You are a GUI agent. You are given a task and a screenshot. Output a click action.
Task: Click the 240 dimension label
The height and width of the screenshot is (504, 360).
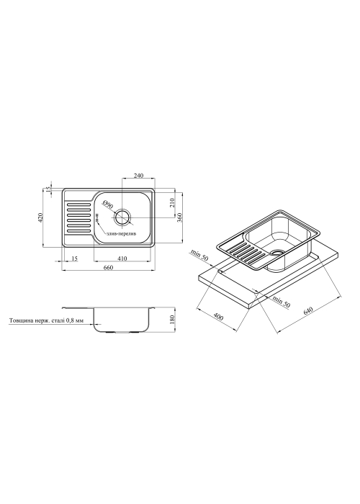click(138, 176)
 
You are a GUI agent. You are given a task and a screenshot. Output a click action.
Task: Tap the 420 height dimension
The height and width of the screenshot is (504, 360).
click(40, 217)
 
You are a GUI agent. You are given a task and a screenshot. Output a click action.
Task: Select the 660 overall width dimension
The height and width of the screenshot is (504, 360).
click(108, 267)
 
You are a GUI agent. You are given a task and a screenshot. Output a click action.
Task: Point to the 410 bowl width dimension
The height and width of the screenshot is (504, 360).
click(122, 258)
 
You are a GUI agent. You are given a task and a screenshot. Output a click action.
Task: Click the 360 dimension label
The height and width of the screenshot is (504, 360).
click(180, 218)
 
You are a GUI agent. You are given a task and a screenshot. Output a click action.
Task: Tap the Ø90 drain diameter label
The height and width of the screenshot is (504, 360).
click(108, 204)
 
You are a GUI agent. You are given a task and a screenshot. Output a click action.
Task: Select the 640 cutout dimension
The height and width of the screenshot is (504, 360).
click(307, 311)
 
